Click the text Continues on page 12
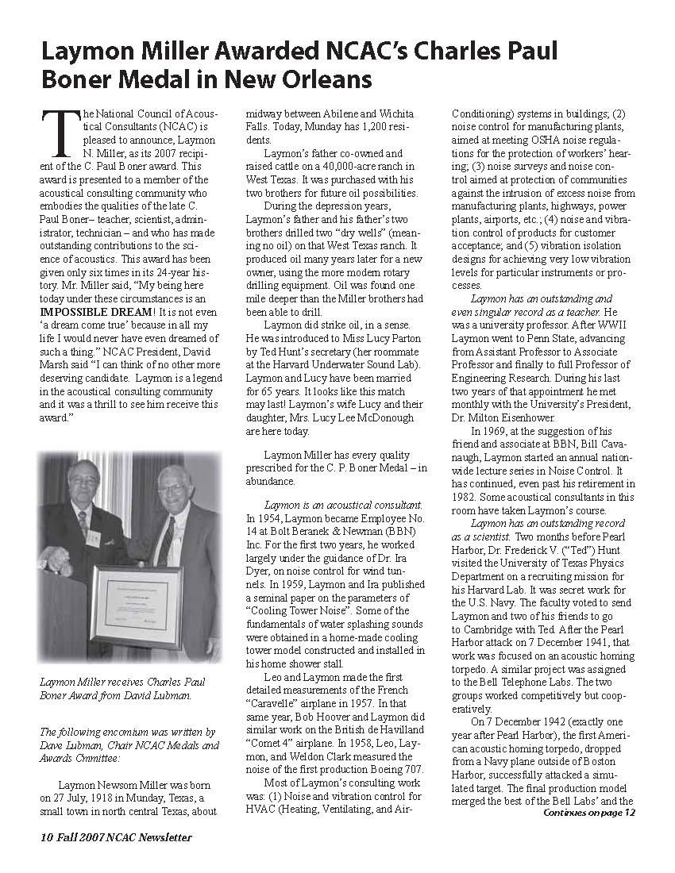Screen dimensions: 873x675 pyautogui.click(x=589, y=812)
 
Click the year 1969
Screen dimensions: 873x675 pyautogui.click(x=494, y=431)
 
